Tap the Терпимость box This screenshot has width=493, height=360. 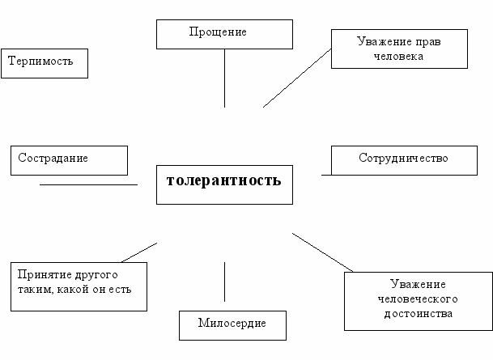pos(44,62)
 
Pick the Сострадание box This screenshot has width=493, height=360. pos(69,159)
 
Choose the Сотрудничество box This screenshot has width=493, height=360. pos(402,159)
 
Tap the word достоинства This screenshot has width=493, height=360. pos(418,313)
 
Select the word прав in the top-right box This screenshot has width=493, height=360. pos(430,40)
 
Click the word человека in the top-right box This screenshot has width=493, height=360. pos(399,57)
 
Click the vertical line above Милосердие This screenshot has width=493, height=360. pos(224,282)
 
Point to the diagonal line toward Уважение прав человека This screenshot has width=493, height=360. pos(297,78)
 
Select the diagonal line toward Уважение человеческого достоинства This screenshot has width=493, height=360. pos(322,252)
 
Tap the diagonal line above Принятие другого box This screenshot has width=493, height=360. pos(138,252)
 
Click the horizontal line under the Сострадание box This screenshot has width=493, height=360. pos(88,184)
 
